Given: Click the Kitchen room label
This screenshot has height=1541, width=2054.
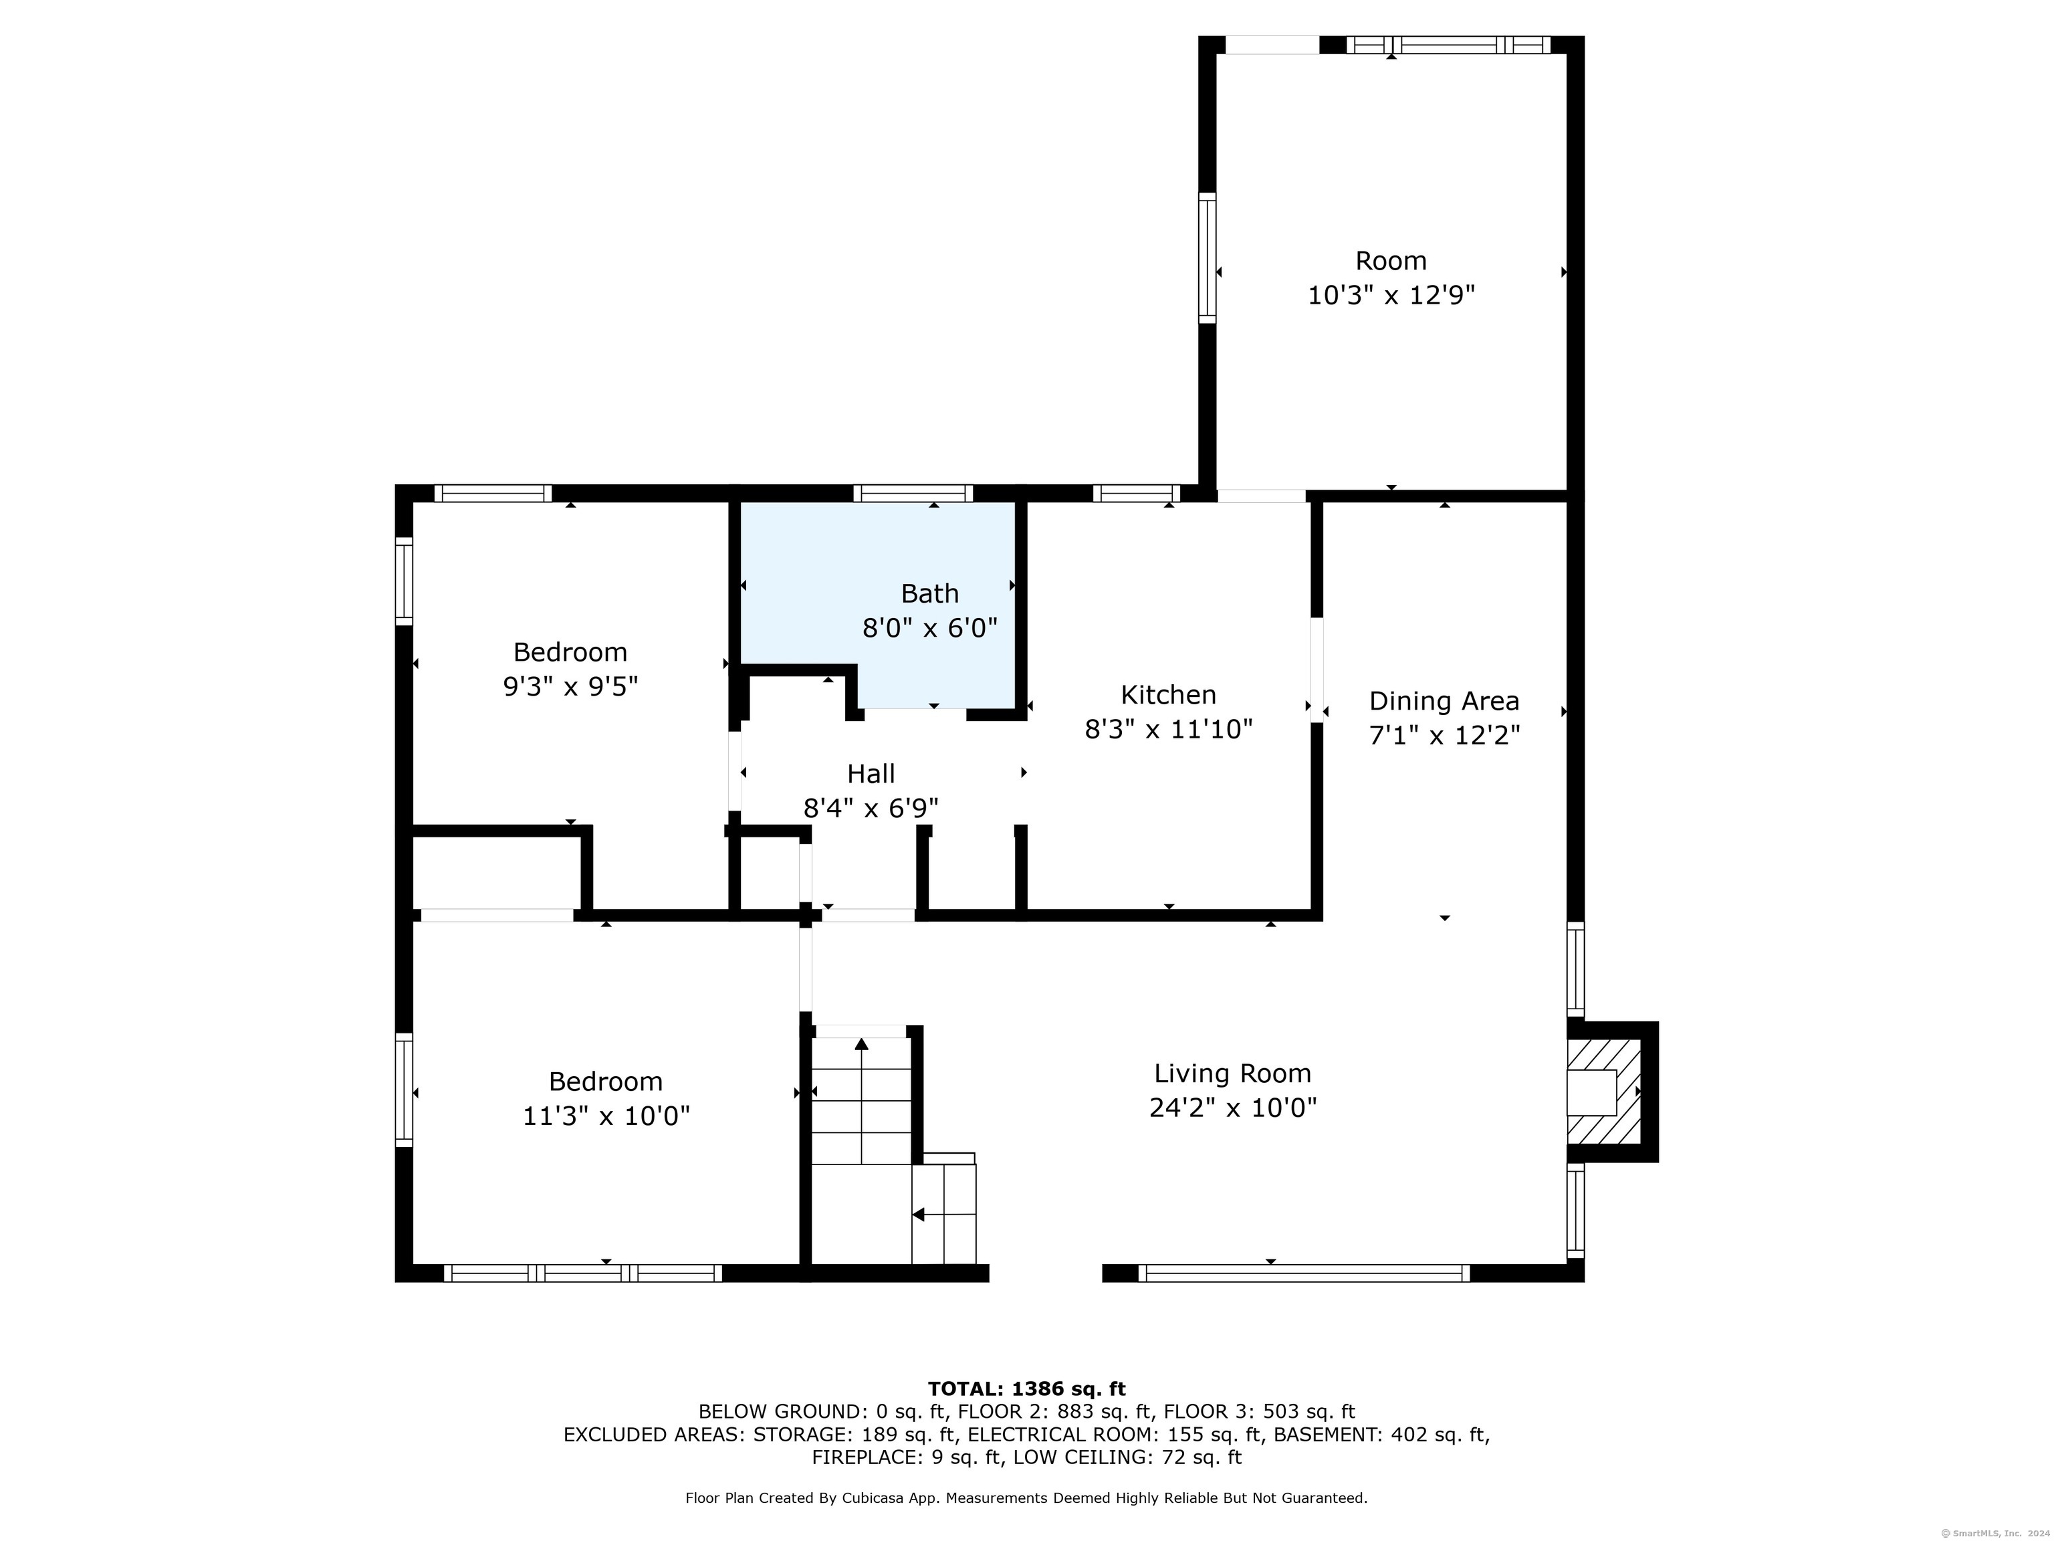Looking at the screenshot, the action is tap(1168, 695).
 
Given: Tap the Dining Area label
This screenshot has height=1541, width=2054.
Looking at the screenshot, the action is tap(1444, 702).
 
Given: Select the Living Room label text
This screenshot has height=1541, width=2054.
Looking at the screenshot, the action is tap(1232, 1073).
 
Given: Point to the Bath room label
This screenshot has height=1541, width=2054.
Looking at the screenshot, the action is tap(929, 593).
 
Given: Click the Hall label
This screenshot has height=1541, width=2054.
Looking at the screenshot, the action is tap(871, 774).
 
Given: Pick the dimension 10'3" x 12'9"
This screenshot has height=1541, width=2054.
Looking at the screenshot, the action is tap(1391, 296).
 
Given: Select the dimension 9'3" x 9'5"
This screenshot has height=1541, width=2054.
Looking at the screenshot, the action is tap(570, 686).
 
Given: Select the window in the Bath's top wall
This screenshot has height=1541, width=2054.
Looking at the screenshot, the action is tap(913, 493).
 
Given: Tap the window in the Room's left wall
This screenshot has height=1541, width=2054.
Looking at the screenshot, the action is tap(1207, 258).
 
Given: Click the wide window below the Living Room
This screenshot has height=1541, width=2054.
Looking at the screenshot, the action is tap(1304, 1273).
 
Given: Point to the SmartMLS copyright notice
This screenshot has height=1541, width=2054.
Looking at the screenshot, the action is tap(1996, 1533).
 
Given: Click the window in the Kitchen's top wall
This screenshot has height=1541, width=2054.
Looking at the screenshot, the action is tap(1137, 493).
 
